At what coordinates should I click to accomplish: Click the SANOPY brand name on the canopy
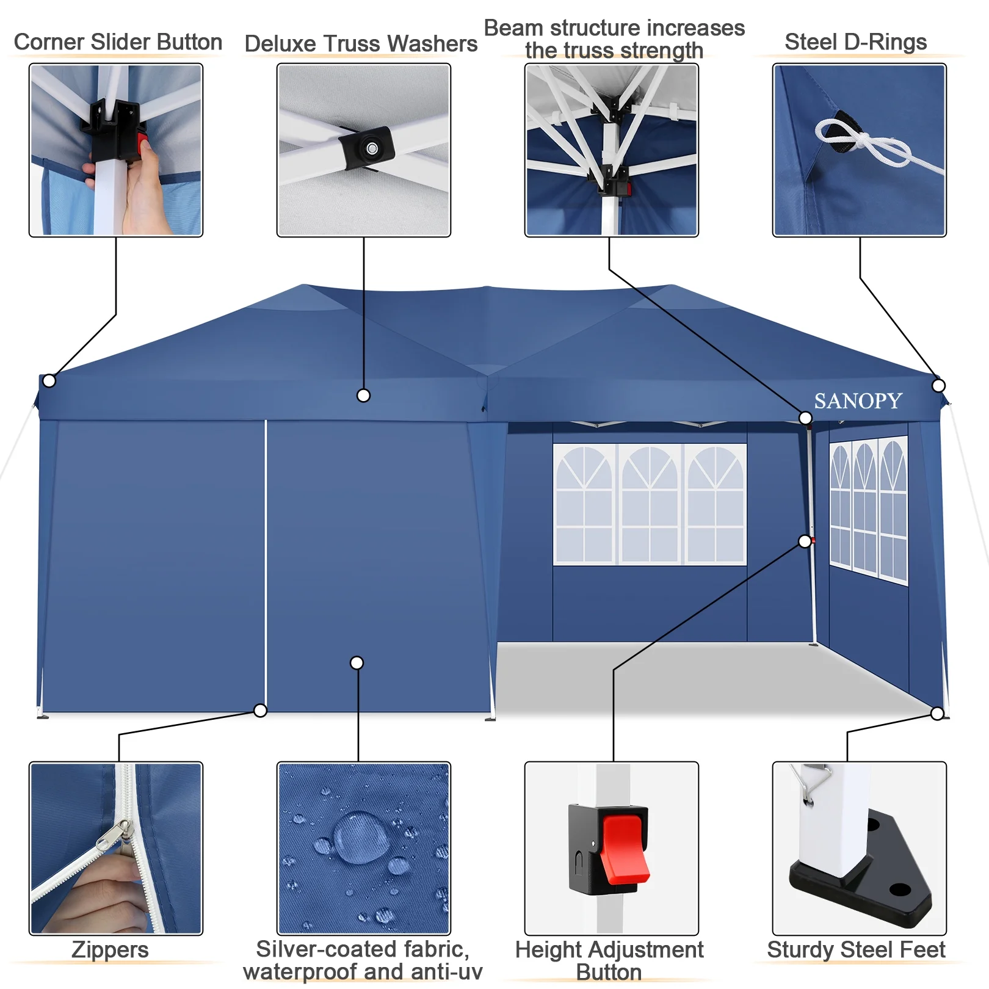tap(858, 401)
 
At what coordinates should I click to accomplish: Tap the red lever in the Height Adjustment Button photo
tap(625, 849)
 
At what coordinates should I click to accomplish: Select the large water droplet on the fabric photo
tap(361, 836)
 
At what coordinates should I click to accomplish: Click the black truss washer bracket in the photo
tap(366, 148)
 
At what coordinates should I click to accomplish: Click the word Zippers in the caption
tap(110, 950)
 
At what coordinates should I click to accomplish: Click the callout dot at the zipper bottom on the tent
tap(260, 711)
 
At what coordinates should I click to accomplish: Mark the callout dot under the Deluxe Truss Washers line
tap(363, 396)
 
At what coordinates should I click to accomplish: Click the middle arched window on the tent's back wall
tap(650, 504)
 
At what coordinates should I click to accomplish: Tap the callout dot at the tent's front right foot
tap(937, 714)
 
